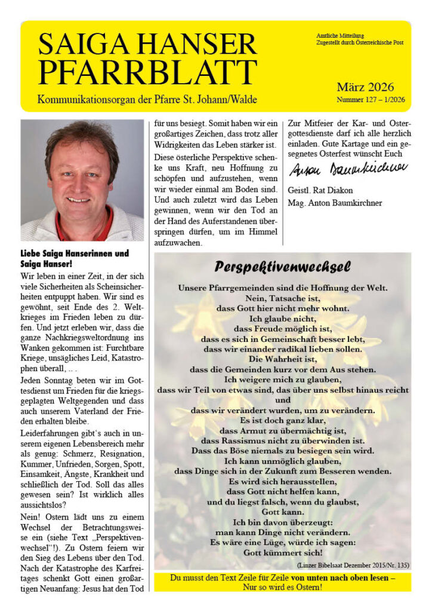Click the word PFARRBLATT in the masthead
(148, 71)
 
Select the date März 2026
(365, 87)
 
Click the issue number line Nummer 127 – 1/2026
(371, 99)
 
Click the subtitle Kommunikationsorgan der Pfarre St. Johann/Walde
(147, 99)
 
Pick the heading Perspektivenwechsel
(282, 266)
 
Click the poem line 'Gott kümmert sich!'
(283, 553)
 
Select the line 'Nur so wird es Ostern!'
(283, 588)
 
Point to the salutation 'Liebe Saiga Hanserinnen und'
(75, 253)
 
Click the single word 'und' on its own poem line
(283, 400)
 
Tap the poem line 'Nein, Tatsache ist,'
(283, 298)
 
